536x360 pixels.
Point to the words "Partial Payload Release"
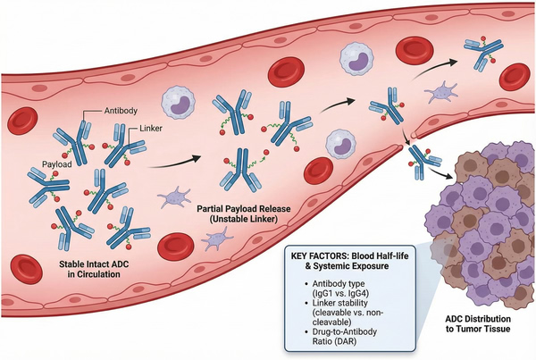point(249,207)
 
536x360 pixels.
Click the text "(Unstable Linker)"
point(249,219)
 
